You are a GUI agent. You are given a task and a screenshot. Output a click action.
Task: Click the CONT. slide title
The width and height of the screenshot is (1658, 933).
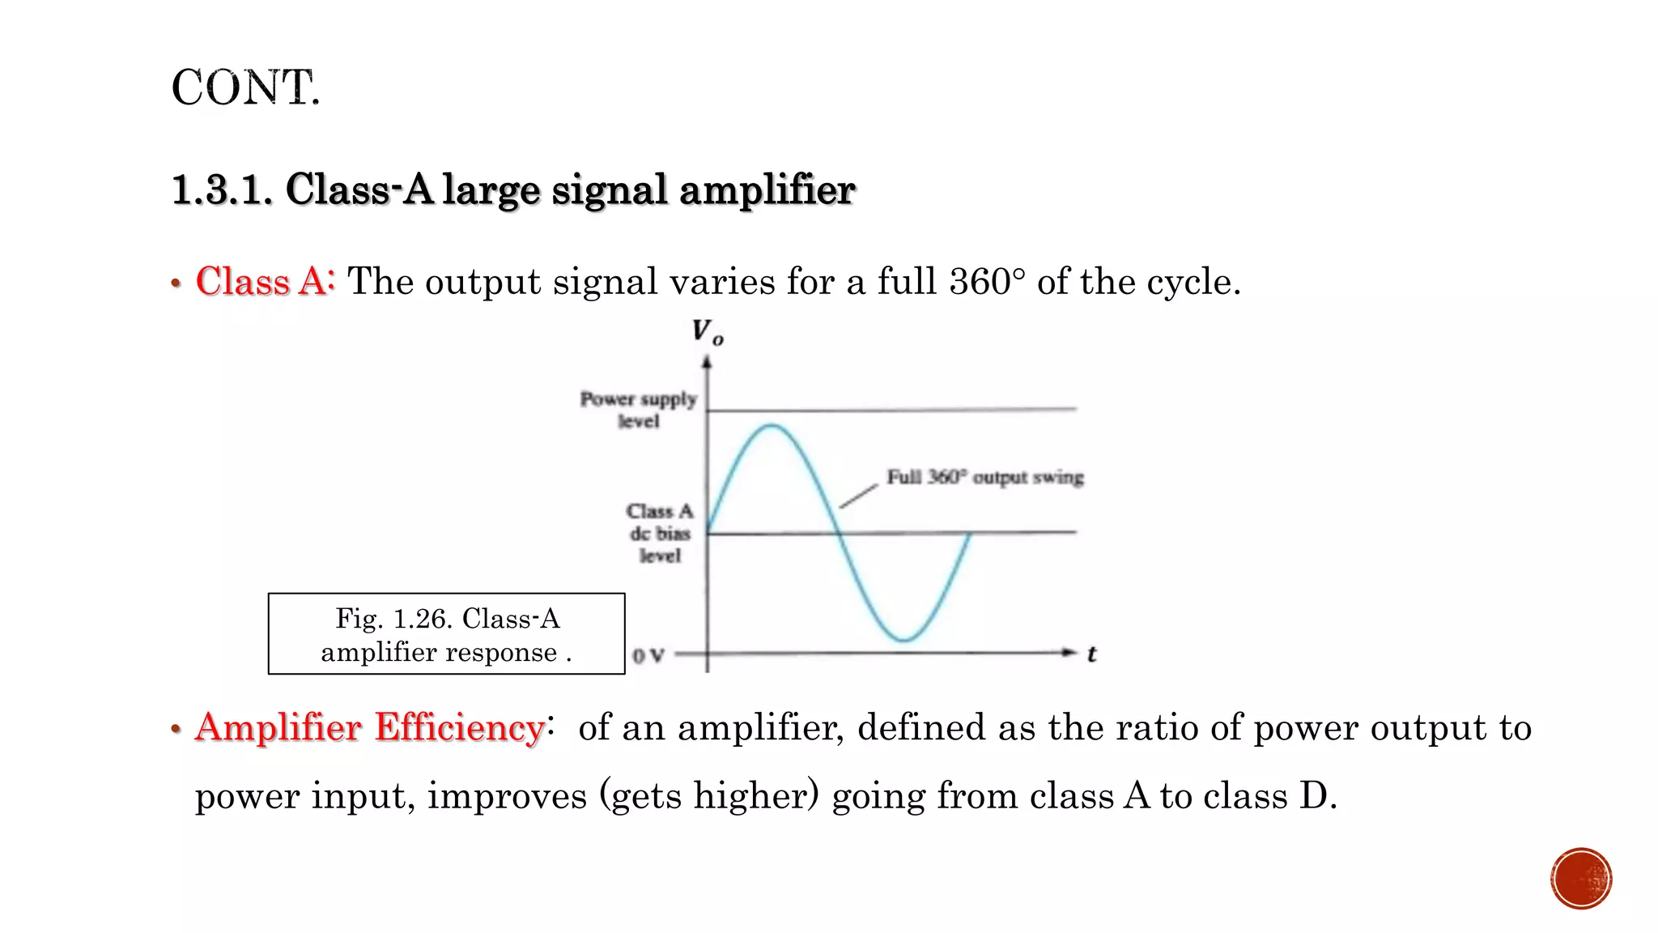tap(245, 87)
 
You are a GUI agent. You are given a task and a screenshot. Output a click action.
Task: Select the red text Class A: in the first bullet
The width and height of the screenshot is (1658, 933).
tap(265, 282)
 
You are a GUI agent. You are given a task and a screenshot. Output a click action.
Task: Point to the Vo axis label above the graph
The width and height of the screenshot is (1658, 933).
tap(708, 332)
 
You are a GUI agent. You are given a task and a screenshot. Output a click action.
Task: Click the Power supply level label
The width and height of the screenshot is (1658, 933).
tap(638, 410)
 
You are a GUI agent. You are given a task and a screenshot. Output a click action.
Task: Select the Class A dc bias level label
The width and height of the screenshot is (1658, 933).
tap(660, 533)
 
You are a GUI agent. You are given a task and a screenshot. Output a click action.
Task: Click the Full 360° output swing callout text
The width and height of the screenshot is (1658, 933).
tap(984, 477)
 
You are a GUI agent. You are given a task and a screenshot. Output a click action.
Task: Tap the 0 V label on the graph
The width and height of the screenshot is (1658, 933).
tap(648, 655)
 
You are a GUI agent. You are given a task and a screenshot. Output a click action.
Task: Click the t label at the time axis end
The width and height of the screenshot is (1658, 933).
tap(1091, 654)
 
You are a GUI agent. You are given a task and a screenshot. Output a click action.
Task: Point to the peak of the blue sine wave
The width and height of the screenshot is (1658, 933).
tap(772, 425)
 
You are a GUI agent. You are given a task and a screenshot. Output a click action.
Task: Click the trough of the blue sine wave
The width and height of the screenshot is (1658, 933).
tap(904, 641)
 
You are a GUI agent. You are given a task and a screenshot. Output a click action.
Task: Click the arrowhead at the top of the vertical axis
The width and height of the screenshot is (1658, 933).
tap(707, 362)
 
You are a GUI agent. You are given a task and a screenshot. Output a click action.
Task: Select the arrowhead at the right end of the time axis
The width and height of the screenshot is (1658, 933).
tap(1071, 652)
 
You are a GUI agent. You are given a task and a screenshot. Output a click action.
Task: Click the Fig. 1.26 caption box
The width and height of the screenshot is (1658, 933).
tap(446, 634)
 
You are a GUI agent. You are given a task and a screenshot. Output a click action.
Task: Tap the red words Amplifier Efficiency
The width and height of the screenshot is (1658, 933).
tap(369, 727)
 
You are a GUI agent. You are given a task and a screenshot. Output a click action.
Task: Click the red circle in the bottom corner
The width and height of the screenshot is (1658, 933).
tap(1580, 879)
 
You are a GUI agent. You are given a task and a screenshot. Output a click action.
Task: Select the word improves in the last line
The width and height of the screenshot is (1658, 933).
tap(507, 795)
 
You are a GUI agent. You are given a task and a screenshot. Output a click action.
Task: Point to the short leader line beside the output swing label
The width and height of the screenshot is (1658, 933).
tap(858, 496)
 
